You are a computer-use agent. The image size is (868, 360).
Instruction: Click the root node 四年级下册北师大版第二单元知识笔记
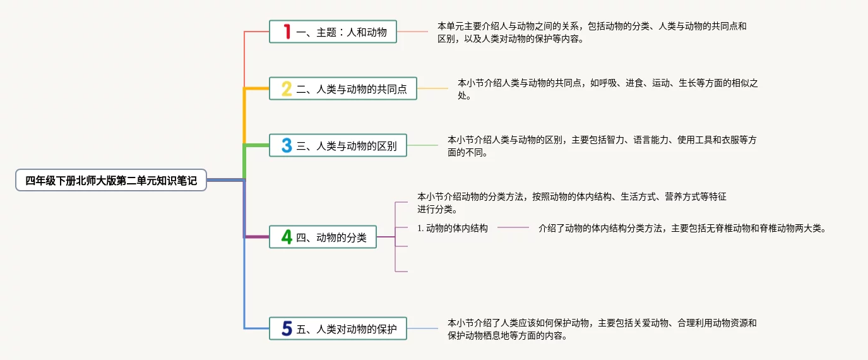[x=111, y=181]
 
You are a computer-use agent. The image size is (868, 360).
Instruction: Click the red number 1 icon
[x=287, y=32]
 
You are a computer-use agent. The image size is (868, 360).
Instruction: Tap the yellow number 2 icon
[x=287, y=89]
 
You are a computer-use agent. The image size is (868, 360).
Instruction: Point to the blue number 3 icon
[x=287, y=146]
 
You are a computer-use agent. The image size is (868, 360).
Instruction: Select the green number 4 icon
[x=287, y=237]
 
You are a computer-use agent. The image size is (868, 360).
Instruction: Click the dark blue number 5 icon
[x=287, y=328]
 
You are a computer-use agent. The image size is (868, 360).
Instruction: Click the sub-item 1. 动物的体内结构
[x=453, y=228]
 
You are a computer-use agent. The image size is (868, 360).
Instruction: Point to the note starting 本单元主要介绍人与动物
[x=592, y=32]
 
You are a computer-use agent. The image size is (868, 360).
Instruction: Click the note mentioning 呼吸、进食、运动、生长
[x=607, y=89]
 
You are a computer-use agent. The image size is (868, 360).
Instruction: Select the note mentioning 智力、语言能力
[x=602, y=146]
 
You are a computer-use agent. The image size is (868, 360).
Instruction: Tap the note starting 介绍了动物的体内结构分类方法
[x=682, y=228]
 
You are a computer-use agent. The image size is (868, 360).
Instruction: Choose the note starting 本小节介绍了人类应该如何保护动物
[x=602, y=329]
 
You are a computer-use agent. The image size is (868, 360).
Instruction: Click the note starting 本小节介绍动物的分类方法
[x=571, y=203]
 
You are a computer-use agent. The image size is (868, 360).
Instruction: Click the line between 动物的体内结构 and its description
[x=513, y=227]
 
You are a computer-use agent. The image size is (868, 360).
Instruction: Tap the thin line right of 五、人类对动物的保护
[x=422, y=328]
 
